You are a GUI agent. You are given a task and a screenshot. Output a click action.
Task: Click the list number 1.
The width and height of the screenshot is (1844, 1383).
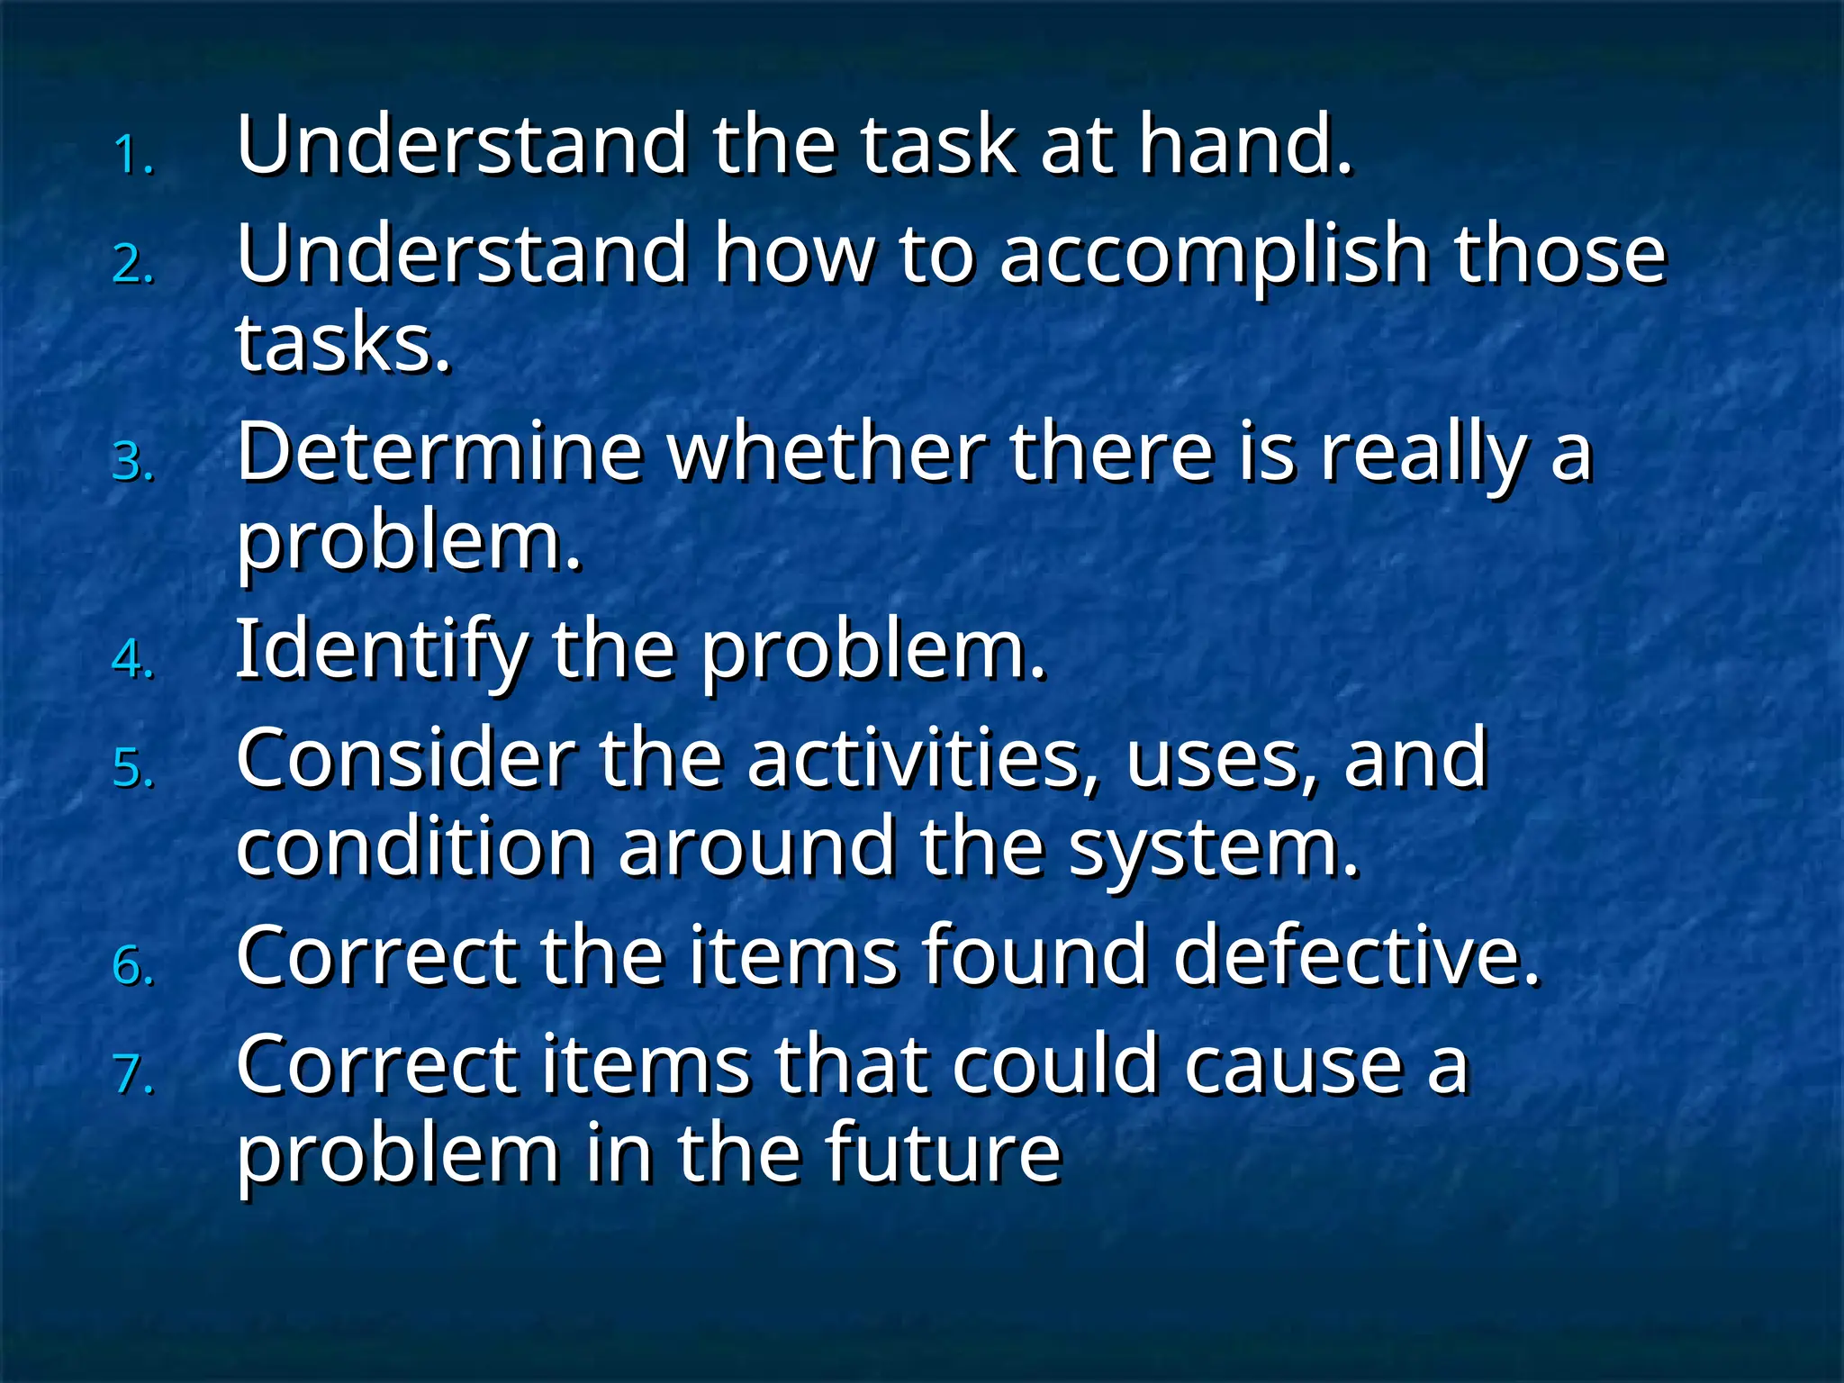133,155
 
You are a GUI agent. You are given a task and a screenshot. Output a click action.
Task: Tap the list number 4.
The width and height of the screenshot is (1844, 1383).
133,659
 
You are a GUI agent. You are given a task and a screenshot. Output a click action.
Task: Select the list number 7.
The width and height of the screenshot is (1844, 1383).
133,1075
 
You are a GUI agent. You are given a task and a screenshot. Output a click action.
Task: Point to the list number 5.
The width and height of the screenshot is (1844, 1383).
133,769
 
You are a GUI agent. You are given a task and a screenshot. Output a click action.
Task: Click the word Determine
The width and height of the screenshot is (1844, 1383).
439,452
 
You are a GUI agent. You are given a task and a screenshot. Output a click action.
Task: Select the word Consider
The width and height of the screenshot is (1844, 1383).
405,759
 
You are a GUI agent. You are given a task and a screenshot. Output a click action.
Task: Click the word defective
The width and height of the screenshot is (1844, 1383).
1356,956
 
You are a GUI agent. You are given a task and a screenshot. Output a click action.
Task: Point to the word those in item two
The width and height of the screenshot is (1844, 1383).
1559,255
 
